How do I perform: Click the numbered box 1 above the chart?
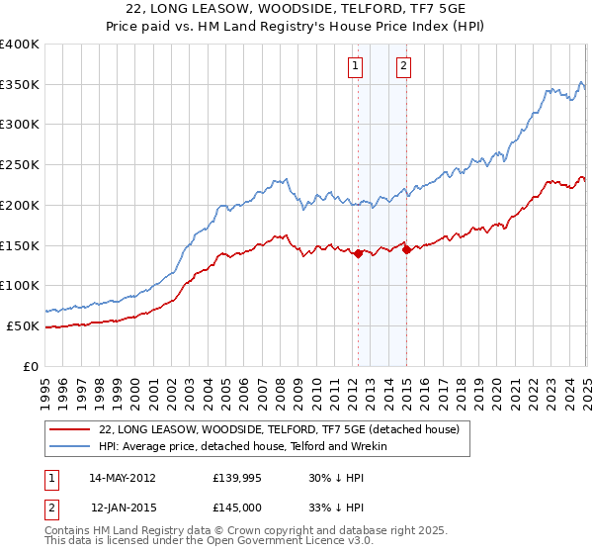tap(355, 66)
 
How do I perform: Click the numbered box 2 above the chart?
tap(405, 66)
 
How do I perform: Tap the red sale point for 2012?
tap(358, 253)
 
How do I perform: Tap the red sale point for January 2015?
tap(406, 249)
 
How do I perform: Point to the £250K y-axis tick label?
tap(20, 164)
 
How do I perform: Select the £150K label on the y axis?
tap(20, 244)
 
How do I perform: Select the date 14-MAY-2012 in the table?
tap(123, 478)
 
